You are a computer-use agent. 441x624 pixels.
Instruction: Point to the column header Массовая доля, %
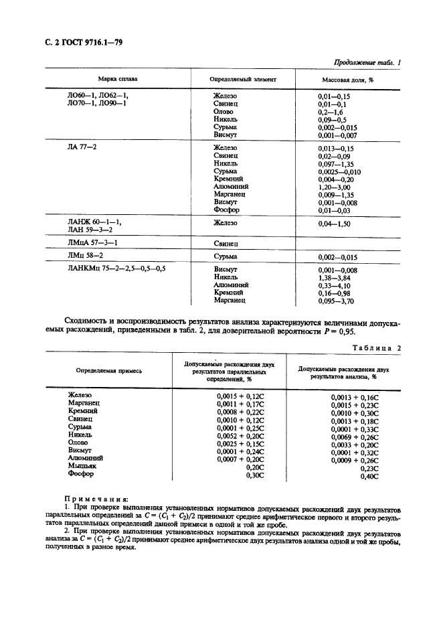[344, 79]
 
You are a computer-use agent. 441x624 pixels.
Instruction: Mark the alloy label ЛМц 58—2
[84, 255]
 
